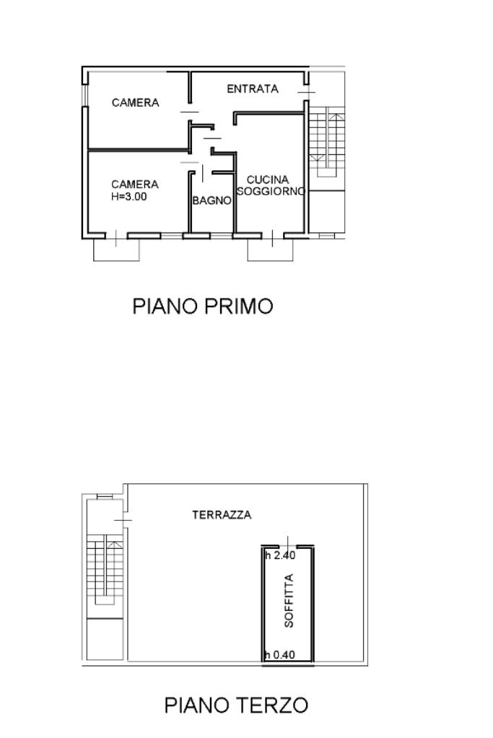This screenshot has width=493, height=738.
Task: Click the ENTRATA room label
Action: (253, 89)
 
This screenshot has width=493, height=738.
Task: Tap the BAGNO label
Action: (212, 201)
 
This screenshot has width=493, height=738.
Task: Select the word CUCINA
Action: (268, 180)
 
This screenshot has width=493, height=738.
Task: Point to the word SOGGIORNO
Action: (271, 191)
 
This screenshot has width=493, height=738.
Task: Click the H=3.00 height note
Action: (129, 197)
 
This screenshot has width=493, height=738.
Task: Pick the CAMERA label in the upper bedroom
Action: (135, 102)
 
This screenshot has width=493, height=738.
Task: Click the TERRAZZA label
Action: (222, 515)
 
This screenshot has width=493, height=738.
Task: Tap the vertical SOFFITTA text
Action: (289, 600)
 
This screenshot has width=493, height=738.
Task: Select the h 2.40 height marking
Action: (280, 555)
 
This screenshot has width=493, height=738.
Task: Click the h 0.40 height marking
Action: (279, 655)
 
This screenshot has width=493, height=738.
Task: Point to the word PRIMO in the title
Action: (238, 306)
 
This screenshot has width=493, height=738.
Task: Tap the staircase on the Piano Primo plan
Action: (327, 142)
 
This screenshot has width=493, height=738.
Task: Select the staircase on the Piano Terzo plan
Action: (105, 569)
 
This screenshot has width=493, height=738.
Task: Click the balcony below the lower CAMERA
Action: (116, 250)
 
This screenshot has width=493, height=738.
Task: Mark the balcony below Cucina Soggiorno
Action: (270, 250)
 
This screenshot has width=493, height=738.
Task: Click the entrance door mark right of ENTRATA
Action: (306, 92)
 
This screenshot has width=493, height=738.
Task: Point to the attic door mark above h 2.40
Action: (288, 542)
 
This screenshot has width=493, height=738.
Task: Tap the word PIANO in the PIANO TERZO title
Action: (198, 705)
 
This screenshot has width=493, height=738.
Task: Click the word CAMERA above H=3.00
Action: (135, 185)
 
